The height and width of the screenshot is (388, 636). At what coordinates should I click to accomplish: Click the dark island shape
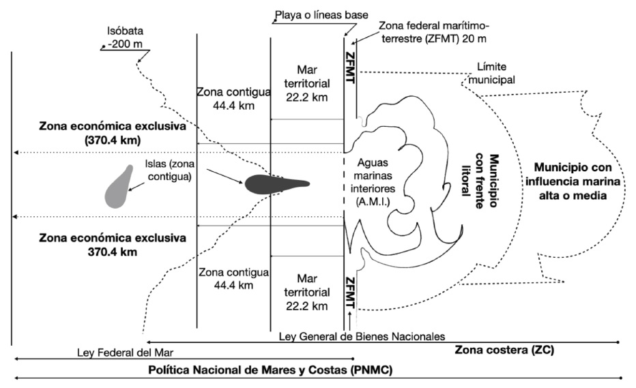[x=273, y=183]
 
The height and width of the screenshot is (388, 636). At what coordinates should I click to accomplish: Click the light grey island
[x=119, y=186]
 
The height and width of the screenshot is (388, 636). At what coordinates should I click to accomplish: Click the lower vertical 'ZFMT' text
[x=351, y=294]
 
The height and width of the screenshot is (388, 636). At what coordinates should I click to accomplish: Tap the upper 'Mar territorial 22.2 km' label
[x=306, y=83]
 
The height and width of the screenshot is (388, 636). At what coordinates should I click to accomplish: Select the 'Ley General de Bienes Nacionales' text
[x=362, y=336]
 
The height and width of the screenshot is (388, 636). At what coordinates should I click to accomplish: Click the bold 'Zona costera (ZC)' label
[x=504, y=350]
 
